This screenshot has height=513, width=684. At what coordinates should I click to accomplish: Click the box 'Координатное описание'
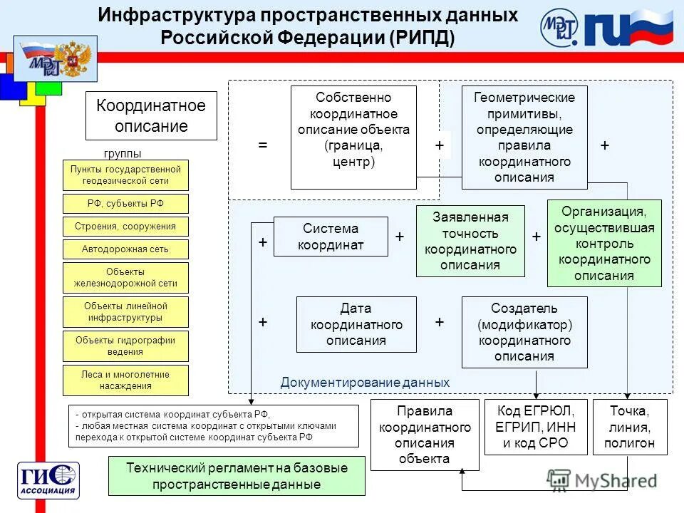[151, 116]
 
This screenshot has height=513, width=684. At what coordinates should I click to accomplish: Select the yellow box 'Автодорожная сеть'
[125, 249]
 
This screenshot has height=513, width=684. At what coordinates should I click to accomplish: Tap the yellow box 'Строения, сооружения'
[125, 227]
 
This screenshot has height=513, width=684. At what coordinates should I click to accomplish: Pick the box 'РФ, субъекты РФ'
[125, 204]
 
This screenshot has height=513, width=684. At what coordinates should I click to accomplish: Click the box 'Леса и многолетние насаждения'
[125, 380]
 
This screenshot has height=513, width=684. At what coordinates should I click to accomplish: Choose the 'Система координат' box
[331, 237]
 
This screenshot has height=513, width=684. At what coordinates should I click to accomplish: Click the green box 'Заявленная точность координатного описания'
[470, 241]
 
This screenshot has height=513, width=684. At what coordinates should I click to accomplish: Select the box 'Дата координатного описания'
[356, 325]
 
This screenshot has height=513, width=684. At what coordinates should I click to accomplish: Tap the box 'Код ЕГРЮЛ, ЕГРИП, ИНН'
[536, 427]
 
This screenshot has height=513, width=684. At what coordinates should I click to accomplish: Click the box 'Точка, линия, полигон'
[629, 427]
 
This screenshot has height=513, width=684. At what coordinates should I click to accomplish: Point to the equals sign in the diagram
[263, 145]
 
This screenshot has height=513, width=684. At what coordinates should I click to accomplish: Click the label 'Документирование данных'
[365, 383]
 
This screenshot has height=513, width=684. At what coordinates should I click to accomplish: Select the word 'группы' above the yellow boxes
[123, 153]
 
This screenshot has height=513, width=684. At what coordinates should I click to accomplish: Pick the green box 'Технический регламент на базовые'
[237, 476]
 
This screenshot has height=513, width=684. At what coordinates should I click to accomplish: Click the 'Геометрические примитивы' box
[524, 137]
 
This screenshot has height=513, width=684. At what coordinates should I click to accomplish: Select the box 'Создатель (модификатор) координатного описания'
[524, 332]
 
